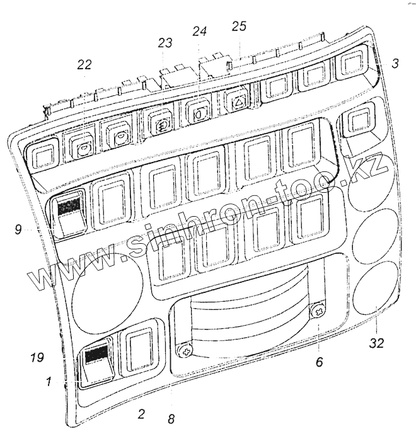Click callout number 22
84,65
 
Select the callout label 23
165,43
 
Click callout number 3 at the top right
394,64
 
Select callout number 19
37,358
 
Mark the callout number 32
376,344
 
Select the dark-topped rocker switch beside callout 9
69,214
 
